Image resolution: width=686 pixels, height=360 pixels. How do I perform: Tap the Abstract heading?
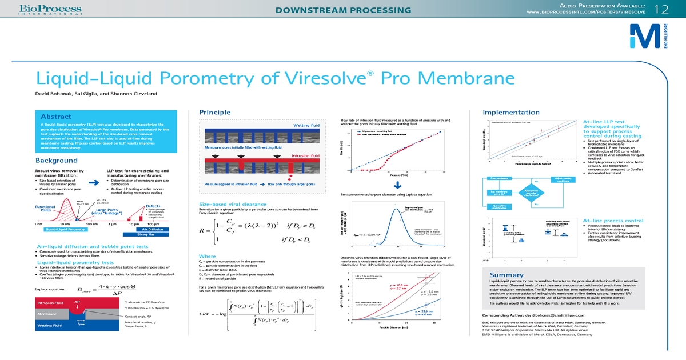click(56, 117)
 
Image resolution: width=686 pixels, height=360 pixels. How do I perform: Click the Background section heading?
click(57, 161)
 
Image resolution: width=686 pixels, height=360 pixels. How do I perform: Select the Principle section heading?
click(214, 113)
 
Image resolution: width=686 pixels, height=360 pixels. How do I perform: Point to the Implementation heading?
click(511, 113)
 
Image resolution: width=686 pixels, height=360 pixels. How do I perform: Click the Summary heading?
click(506, 275)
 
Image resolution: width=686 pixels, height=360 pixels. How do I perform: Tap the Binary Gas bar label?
click(150, 234)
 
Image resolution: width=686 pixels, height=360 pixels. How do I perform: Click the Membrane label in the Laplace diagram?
click(47, 314)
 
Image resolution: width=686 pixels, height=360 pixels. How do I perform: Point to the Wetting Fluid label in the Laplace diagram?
click(50, 325)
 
